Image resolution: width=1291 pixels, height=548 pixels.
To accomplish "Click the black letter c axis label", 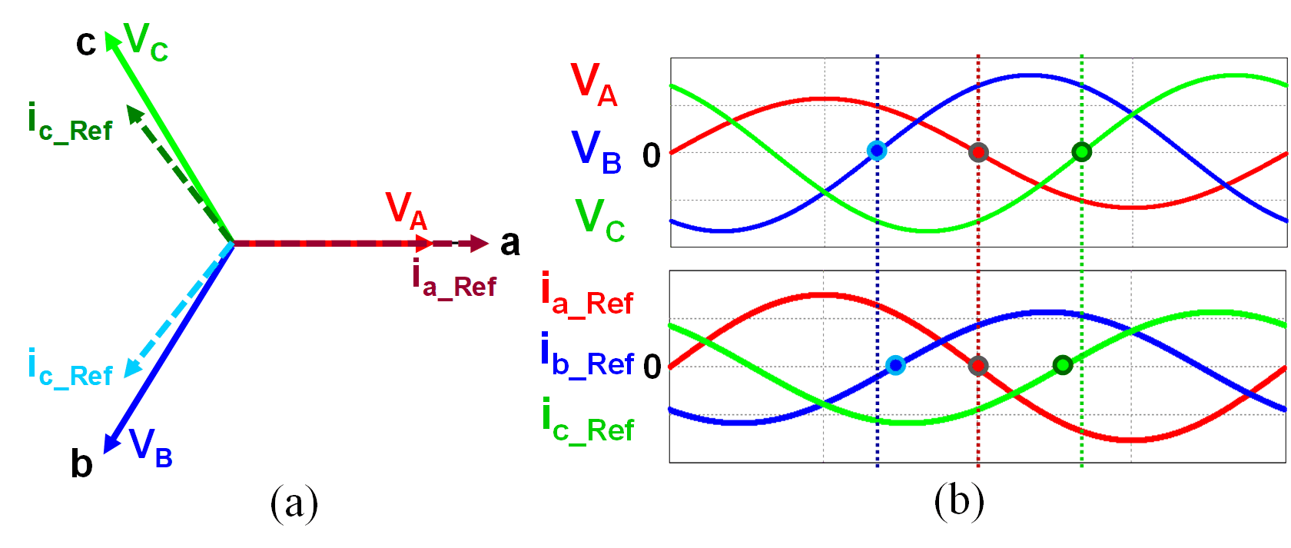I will pos(85,43).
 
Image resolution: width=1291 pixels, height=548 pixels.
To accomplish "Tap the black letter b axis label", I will pos(81,463).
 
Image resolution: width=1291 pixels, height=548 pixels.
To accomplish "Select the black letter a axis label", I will pos(509,243).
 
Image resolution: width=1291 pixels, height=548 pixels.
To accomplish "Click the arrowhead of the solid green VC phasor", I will pos(111,39).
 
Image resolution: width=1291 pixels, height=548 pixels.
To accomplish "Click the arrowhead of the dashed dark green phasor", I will pos(134,114).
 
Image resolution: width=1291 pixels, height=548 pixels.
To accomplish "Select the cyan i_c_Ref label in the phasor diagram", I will pos(69,367).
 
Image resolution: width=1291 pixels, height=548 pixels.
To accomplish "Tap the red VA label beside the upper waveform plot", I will pos(593,84).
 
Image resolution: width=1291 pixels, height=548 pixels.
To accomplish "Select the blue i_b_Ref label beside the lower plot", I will pos(587,355).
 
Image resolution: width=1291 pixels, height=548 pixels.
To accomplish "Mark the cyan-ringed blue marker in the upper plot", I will pos(876,151).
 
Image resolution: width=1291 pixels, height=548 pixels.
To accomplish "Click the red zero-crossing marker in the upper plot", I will pos(977,152).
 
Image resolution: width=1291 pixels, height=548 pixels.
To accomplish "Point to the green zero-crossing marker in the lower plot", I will pos(1062,365).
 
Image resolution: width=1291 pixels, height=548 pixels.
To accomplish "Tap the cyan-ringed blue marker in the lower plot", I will pos(895,365).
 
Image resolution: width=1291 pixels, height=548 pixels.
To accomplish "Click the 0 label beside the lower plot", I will pos(652,367).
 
